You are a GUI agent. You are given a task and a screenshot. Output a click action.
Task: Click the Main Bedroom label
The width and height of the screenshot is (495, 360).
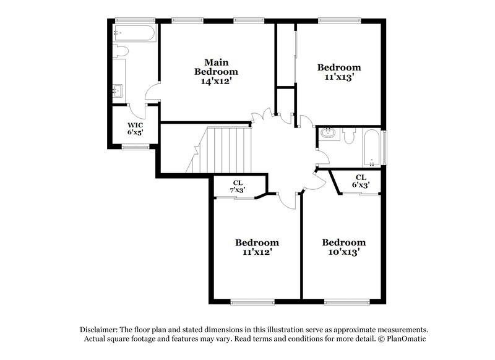pos(217,67)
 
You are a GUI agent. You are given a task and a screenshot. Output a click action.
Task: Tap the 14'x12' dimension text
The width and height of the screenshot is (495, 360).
pos(217,81)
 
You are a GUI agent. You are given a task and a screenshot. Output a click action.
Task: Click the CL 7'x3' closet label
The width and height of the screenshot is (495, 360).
pos(238,186)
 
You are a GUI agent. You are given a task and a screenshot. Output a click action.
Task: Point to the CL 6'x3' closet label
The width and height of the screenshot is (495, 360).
pos(361,181)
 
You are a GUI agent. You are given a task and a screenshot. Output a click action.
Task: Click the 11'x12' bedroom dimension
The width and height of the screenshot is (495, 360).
pos(257,252)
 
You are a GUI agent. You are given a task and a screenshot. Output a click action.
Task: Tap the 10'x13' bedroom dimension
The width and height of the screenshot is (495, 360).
pos(343,252)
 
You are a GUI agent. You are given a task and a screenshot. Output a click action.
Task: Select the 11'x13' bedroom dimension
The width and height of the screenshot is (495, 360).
pos(339,77)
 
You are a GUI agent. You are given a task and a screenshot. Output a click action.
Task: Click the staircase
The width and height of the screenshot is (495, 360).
pos(222,150)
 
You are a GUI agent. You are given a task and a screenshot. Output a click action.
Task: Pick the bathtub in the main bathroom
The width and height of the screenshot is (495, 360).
pos(135,33)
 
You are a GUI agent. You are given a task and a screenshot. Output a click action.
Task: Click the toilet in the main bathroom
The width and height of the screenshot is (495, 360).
pos(120,51)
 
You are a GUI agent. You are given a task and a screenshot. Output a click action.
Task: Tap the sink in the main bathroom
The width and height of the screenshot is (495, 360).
pos(118,91)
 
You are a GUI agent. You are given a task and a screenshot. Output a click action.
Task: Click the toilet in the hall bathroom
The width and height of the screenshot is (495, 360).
pos(349,135)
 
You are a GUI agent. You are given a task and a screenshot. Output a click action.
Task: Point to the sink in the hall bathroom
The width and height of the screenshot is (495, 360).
pos(328,133)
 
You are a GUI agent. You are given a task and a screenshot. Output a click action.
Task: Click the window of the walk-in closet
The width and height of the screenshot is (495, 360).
pos(135,147)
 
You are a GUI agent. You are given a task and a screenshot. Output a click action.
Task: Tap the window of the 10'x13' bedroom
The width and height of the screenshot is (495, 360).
pos(343,302)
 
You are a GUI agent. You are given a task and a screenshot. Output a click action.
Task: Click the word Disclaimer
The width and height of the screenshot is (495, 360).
pos(100,330)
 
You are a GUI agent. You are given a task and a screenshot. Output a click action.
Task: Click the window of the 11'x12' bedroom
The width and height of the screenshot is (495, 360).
pos(252,302)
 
